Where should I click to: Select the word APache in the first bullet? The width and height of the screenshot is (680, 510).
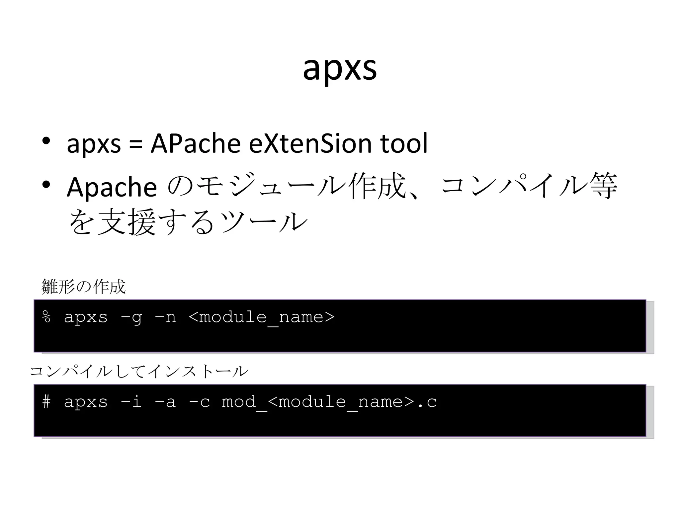click(x=196, y=143)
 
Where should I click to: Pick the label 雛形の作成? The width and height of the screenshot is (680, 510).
click(x=84, y=287)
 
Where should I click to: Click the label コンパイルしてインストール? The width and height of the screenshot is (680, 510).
click(x=139, y=371)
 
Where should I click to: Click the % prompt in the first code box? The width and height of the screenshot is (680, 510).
click(x=47, y=317)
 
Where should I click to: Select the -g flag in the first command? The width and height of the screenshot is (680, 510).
click(x=131, y=317)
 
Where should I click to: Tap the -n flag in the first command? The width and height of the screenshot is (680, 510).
click(x=165, y=317)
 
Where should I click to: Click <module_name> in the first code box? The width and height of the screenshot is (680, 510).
click(x=261, y=317)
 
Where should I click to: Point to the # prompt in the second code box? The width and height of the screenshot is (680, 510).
click(x=46, y=402)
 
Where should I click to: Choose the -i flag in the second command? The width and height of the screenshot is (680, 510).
click(x=131, y=402)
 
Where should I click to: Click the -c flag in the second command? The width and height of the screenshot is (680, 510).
click(x=199, y=402)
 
